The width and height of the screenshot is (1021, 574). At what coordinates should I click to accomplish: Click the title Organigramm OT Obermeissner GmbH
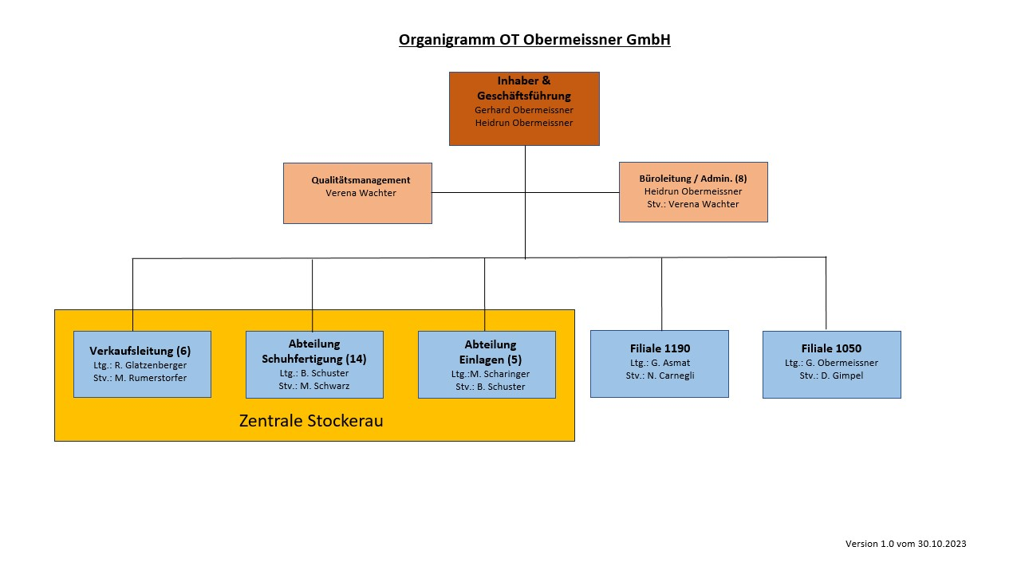click(534, 40)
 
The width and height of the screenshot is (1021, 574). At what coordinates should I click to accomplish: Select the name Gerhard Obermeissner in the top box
click(524, 110)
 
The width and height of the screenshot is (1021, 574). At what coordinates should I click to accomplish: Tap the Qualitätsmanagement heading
click(361, 180)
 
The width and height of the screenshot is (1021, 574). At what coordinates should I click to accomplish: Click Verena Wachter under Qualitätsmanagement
click(361, 193)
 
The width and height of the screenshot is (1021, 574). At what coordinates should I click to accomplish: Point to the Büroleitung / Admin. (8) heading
click(693, 179)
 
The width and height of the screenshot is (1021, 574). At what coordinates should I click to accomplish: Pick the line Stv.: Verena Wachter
click(693, 204)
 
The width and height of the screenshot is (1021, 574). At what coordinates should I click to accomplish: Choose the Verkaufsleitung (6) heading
click(140, 351)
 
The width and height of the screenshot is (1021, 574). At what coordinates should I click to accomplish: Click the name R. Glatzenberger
click(151, 365)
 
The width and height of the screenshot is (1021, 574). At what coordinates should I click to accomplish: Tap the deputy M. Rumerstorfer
click(151, 378)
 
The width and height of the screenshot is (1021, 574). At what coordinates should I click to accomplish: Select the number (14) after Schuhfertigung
click(356, 359)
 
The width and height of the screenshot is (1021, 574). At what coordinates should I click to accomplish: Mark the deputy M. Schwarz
click(325, 386)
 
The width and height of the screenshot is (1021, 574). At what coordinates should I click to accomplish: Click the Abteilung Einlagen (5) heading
click(491, 352)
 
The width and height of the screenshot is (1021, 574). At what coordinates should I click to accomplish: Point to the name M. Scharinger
click(499, 374)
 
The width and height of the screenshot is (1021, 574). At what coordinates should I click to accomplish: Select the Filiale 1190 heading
click(660, 348)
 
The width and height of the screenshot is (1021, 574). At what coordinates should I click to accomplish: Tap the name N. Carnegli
click(671, 375)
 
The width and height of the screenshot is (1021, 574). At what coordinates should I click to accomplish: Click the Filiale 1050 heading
click(831, 348)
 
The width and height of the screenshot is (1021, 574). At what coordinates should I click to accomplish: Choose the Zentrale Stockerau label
click(311, 420)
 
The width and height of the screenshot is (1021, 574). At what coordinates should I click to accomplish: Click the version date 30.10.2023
click(942, 544)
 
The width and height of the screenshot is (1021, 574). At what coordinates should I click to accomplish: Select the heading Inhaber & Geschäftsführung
click(524, 88)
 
